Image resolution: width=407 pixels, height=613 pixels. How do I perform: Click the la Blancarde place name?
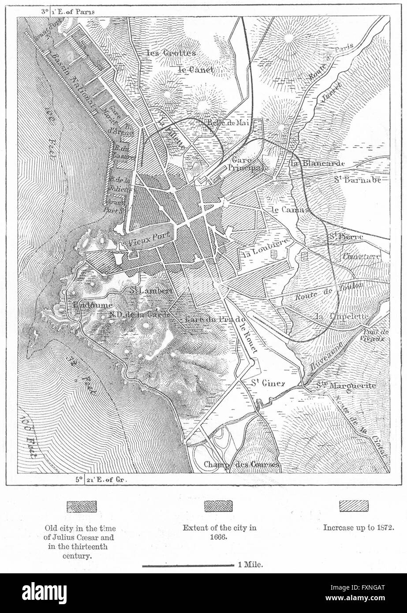(317, 163)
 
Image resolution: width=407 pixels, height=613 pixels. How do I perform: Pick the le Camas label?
(290, 209)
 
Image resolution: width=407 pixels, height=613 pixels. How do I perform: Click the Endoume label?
(88, 305)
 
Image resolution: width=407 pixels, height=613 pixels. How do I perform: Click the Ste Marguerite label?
(346, 386)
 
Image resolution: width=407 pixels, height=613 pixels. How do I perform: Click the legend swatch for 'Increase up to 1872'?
(354, 506)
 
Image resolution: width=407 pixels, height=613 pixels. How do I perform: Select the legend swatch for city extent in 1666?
(218, 506)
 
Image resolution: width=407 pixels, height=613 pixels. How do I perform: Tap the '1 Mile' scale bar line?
(187, 565)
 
